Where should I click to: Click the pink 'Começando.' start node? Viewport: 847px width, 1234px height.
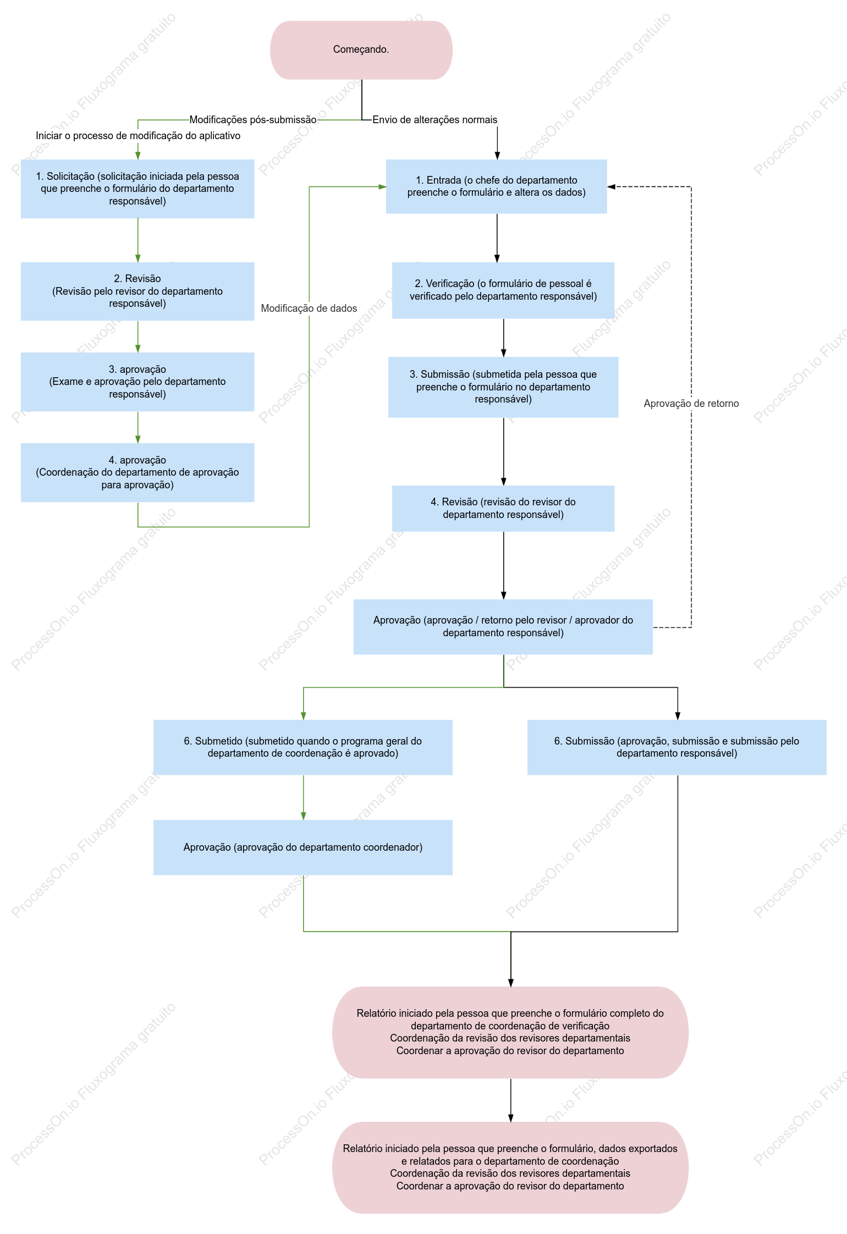tap(361, 50)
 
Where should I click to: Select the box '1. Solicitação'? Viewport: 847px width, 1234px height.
tap(137, 189)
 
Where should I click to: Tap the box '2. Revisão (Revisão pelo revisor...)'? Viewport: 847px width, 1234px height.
tap(137, 291)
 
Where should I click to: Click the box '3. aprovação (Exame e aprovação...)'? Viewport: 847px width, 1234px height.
tap(137, 382)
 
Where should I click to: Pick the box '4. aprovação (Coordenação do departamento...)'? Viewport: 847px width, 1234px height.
tap(137, 472)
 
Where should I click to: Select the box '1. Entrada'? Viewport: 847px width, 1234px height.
tap(497, 186)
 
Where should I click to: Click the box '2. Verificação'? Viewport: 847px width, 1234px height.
tap(503, 290)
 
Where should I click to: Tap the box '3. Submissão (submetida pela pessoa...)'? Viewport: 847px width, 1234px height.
tap(503, 387)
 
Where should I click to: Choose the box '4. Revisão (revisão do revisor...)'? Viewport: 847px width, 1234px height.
tap(503, 508)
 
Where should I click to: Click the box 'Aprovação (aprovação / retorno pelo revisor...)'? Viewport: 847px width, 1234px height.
tap(503, 627)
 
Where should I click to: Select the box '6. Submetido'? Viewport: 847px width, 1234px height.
tap(303, 747)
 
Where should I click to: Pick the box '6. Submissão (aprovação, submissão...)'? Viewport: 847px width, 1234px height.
tap(677, 747)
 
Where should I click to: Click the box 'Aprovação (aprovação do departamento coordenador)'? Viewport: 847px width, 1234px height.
tap(303, 847)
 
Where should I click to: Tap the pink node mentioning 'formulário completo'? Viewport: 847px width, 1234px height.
tap(510, 1032)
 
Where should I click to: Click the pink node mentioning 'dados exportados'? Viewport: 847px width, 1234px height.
tap(510, 1167)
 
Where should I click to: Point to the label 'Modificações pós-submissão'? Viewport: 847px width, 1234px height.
tap(253, 120)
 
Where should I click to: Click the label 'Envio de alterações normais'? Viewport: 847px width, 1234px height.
tap(435, 120)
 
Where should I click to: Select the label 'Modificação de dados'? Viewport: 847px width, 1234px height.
tap(309, 308)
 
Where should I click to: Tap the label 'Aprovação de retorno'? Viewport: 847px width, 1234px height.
tap(691, 404)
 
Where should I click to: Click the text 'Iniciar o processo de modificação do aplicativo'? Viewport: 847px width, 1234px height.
tap(138, 136)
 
